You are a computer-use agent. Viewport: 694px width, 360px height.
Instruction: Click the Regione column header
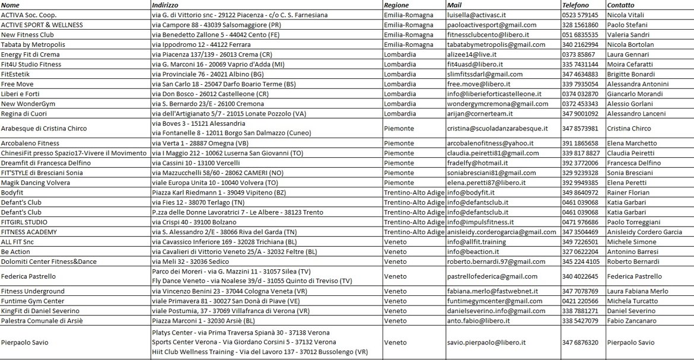coord(396,5)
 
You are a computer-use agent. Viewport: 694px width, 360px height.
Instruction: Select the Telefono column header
coord(575,5)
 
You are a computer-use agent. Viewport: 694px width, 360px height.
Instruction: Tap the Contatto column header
coord(621,5)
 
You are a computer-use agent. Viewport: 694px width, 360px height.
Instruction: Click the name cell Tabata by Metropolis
coord(33,44)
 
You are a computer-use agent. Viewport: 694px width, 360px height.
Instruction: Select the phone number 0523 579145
coord(580,15)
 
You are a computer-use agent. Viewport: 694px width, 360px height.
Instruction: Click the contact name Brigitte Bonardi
coord(631,74)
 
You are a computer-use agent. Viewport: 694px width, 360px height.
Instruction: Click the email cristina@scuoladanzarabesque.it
coord(497,128)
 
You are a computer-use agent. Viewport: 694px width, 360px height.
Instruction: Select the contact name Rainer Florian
coord(628,192)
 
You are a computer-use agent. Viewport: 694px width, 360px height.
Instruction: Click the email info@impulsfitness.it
coord(480,222)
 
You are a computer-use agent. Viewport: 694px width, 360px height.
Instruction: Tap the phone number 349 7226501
coord(580,242)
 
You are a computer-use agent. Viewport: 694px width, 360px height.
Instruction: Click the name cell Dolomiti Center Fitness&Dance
coord(48,262)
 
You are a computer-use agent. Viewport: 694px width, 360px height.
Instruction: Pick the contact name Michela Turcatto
coord(632,301)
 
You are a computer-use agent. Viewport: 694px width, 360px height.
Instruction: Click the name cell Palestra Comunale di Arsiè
coord(42,321)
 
